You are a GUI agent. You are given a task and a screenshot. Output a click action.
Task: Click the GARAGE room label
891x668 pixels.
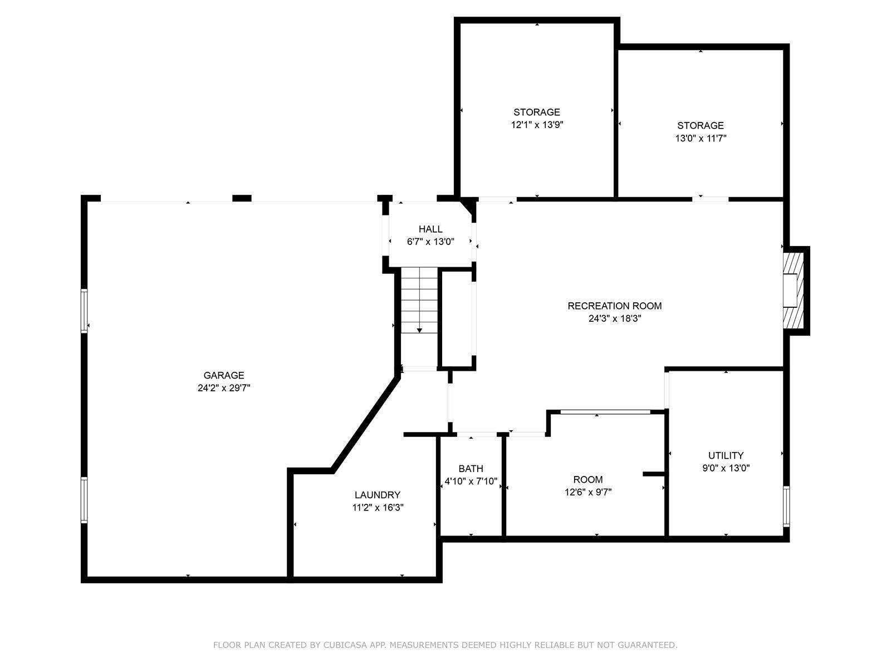click(224, 375)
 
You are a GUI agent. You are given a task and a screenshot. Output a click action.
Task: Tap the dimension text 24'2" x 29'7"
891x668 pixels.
click(224, 388)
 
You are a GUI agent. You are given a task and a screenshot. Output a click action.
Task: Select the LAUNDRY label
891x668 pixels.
click(378, 495)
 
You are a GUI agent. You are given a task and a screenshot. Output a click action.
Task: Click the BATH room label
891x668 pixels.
click(471, 469)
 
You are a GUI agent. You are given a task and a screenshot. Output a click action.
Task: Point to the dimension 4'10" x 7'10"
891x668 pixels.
click(471, 482)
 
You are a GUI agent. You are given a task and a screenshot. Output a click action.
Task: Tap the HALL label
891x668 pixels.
click(430, 229)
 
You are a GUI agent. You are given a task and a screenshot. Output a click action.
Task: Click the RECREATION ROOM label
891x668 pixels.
click(615, 306)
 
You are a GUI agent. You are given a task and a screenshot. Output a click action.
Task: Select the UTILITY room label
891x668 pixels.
click(726, 455)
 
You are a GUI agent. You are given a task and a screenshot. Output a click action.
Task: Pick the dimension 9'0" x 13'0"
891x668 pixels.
click(726, 468)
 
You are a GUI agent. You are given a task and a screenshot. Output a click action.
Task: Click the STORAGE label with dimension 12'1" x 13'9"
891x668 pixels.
click(537, 112)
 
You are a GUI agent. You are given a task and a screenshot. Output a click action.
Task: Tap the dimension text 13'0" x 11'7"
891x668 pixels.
click(701, 138)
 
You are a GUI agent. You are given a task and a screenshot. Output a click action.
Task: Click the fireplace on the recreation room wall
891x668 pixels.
click(793, 291)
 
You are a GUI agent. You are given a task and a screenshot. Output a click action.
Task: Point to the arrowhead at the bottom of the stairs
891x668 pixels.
click(419, 331)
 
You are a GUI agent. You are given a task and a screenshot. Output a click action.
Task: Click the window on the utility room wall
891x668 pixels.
click(786, 506)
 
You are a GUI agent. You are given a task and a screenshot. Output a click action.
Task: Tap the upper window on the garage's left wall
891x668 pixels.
click(84, 311)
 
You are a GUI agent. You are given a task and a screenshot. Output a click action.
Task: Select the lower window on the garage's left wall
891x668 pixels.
click(84, 500)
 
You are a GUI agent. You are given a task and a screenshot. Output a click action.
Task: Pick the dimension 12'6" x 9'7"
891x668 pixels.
click(588, 493)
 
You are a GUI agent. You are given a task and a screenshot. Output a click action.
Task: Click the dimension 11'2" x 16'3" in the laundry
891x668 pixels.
click(378, 507)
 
